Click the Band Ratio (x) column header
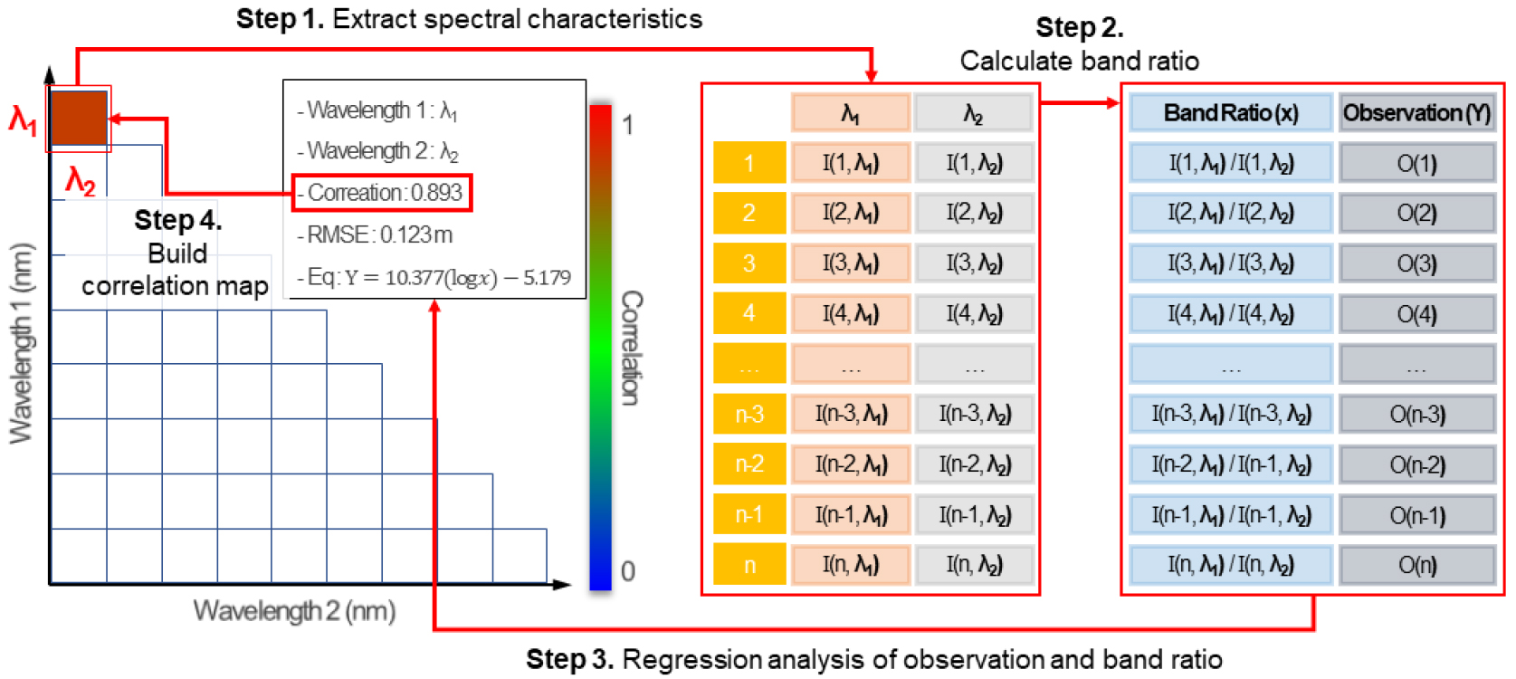[x=1230, y=113]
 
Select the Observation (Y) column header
[x=1416, y=113]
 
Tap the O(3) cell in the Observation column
[x=1416, y=263]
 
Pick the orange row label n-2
[x=749, y=464]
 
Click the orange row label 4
[x=749, y=313]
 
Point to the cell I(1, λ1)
[x=850, y=163]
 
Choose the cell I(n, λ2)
[x=974, y=565]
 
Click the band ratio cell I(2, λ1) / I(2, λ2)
[x=1230, y=213]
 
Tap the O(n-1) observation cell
[x=1416, y=515]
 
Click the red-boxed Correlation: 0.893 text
[x=382, y=193]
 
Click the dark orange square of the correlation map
[x=79, y=118]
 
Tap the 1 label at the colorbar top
[x=627, y=125]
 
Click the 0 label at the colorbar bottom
[x=627, y=571]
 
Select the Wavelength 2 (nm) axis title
[x=294, y=611]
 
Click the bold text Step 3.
[x=569, y=659]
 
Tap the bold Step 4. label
[x=177, y=220]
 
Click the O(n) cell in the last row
[x=1416, y=565]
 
